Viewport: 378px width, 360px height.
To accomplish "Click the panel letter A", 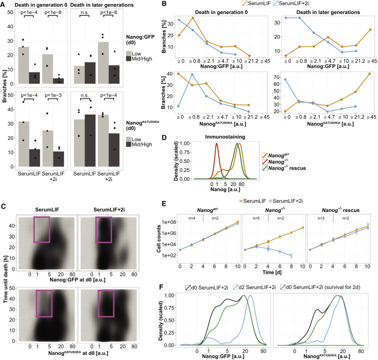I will click(3, 4).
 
